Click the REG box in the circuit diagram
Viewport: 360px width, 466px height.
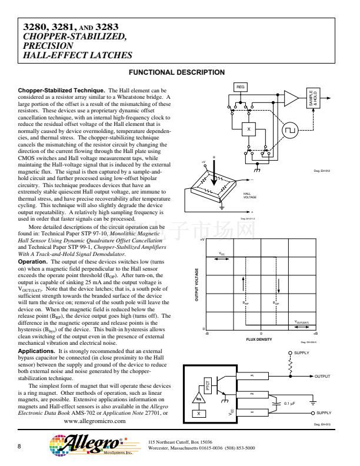pos(240,86)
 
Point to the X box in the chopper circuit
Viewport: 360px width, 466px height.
pos(249,129)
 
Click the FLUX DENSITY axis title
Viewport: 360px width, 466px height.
pos(259,339)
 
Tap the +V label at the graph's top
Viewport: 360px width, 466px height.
pos(202,240)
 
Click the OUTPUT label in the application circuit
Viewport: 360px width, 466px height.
pos(324,376)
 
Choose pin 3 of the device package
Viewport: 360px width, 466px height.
pos(252,376)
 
